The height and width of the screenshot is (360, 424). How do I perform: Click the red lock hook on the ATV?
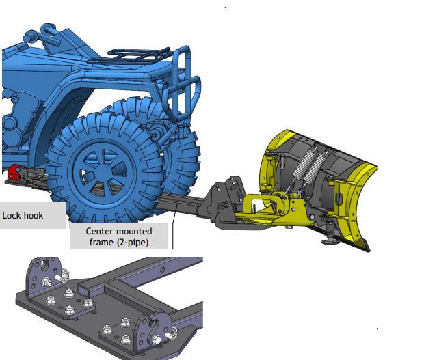click(14, 172)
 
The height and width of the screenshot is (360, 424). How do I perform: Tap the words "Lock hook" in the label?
click(23, 215)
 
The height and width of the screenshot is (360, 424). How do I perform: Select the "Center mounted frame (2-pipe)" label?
click(119, 236)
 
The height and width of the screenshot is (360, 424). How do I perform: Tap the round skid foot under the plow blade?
click(329, 241)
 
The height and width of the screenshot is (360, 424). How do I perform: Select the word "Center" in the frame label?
click(98, 232)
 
